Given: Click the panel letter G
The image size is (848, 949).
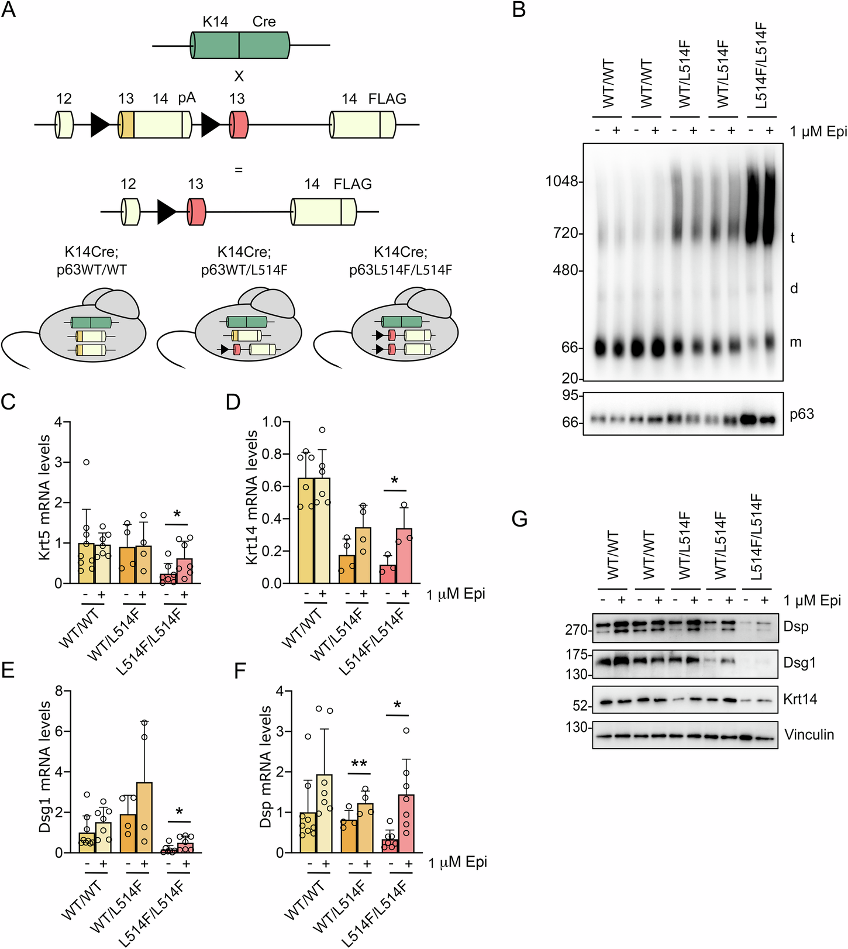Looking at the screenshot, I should click(519, 518).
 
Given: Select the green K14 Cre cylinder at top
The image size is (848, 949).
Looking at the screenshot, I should click(240, 45).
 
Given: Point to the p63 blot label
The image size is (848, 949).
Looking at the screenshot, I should click(801, 414).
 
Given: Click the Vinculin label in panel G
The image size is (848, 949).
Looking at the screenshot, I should click(809, 734).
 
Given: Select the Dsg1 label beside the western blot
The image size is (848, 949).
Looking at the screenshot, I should click(799, 662).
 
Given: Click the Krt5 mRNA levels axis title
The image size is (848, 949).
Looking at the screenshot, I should click(46, 497).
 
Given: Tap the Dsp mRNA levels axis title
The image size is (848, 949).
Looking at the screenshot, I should click(266, 766).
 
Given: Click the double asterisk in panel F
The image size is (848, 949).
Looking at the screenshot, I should click(358, 764).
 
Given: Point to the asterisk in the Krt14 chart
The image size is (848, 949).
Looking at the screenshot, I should click(395, 482).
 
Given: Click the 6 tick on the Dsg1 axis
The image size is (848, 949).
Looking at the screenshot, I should click(59, 731).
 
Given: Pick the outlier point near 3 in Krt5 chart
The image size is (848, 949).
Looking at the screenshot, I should click(86, 462).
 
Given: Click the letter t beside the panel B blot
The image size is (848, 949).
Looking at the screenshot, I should click(792, 238).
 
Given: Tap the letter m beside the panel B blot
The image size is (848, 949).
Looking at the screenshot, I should click(795, 342).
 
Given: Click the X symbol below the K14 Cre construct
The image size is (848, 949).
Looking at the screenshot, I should click(239, 77).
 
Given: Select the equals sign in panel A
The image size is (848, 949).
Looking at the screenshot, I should click(238, 170).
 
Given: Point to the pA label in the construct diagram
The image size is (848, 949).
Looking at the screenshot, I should click(187, 98).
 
